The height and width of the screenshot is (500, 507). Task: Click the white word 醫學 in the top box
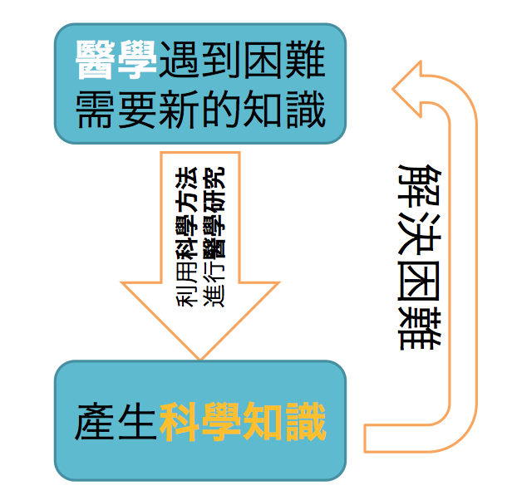tap(116, 61)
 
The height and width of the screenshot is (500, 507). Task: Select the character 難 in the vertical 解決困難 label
tap(421, 329)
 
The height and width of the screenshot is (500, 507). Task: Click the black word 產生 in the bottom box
tap(116, 421)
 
